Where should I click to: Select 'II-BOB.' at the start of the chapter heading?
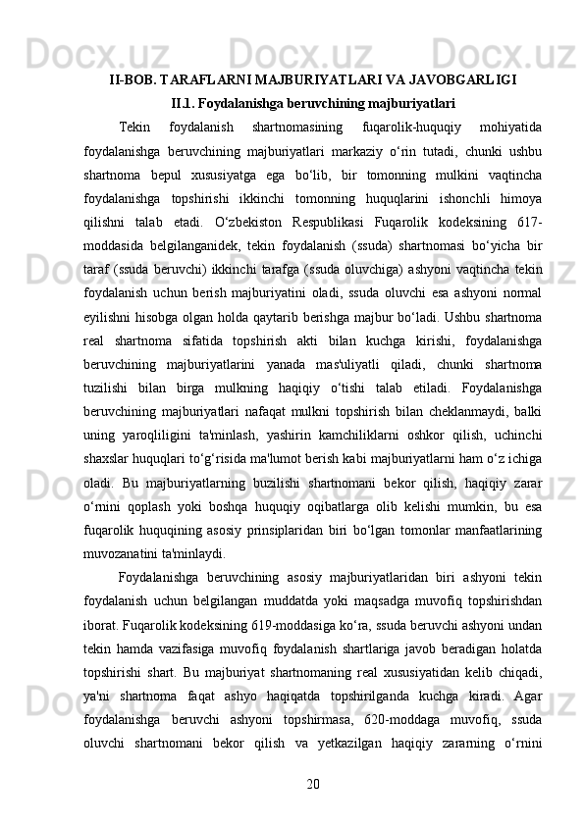130,79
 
